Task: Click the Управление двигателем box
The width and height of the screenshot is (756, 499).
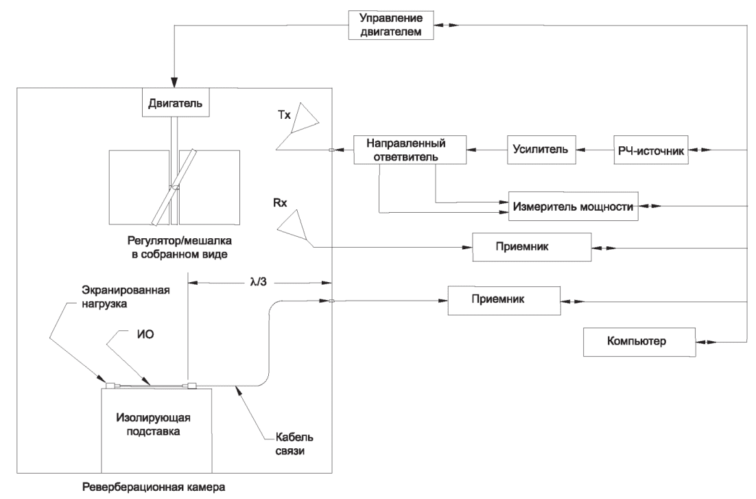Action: (x=393, y=25)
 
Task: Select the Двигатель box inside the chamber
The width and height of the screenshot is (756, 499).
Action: (x=175, y=104)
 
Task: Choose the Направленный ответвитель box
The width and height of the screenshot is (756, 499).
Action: (x=409, y=150)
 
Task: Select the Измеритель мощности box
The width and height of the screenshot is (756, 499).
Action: (x=573, y=206)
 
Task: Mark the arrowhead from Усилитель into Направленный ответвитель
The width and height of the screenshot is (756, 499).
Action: (x=469, y=150)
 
